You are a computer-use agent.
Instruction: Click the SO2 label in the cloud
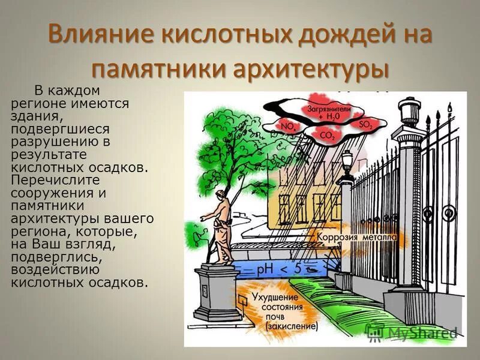365,124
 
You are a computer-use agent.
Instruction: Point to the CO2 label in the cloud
328,136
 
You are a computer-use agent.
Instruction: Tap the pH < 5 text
279,269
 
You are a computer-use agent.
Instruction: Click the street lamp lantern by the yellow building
346,160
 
